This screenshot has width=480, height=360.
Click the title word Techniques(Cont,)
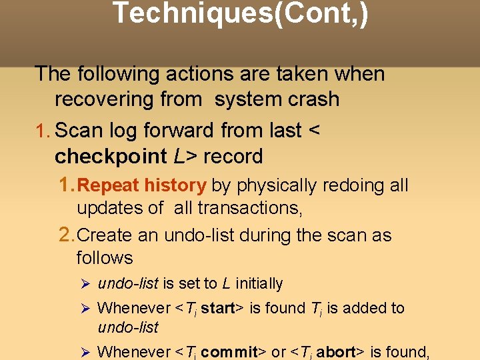240,13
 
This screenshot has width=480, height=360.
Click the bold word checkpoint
111,157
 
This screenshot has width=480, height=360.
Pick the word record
233,157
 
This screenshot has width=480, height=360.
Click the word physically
274,185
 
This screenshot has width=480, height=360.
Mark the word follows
105,257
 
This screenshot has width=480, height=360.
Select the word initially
259,284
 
